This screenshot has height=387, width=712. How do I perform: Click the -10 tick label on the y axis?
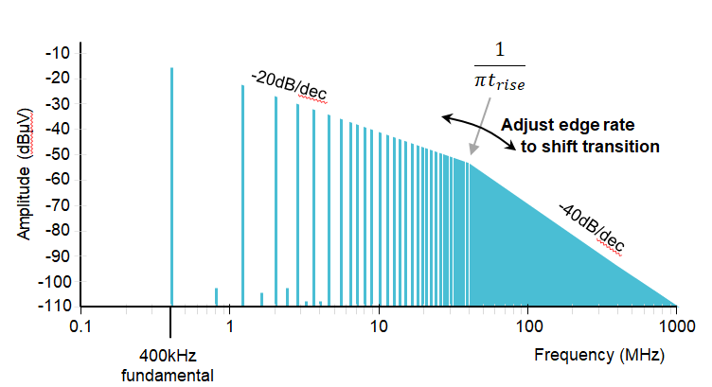pos(57,53)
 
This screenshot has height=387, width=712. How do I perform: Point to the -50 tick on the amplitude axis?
pos(57,155)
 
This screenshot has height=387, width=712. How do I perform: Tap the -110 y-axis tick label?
pos(54,307)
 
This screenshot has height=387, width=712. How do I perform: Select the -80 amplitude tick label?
pos(57,231)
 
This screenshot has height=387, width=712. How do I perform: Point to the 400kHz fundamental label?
pos(172,364)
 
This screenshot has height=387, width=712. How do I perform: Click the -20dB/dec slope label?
pos(290,87)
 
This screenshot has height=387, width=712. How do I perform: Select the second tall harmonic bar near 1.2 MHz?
pos(242,194)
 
